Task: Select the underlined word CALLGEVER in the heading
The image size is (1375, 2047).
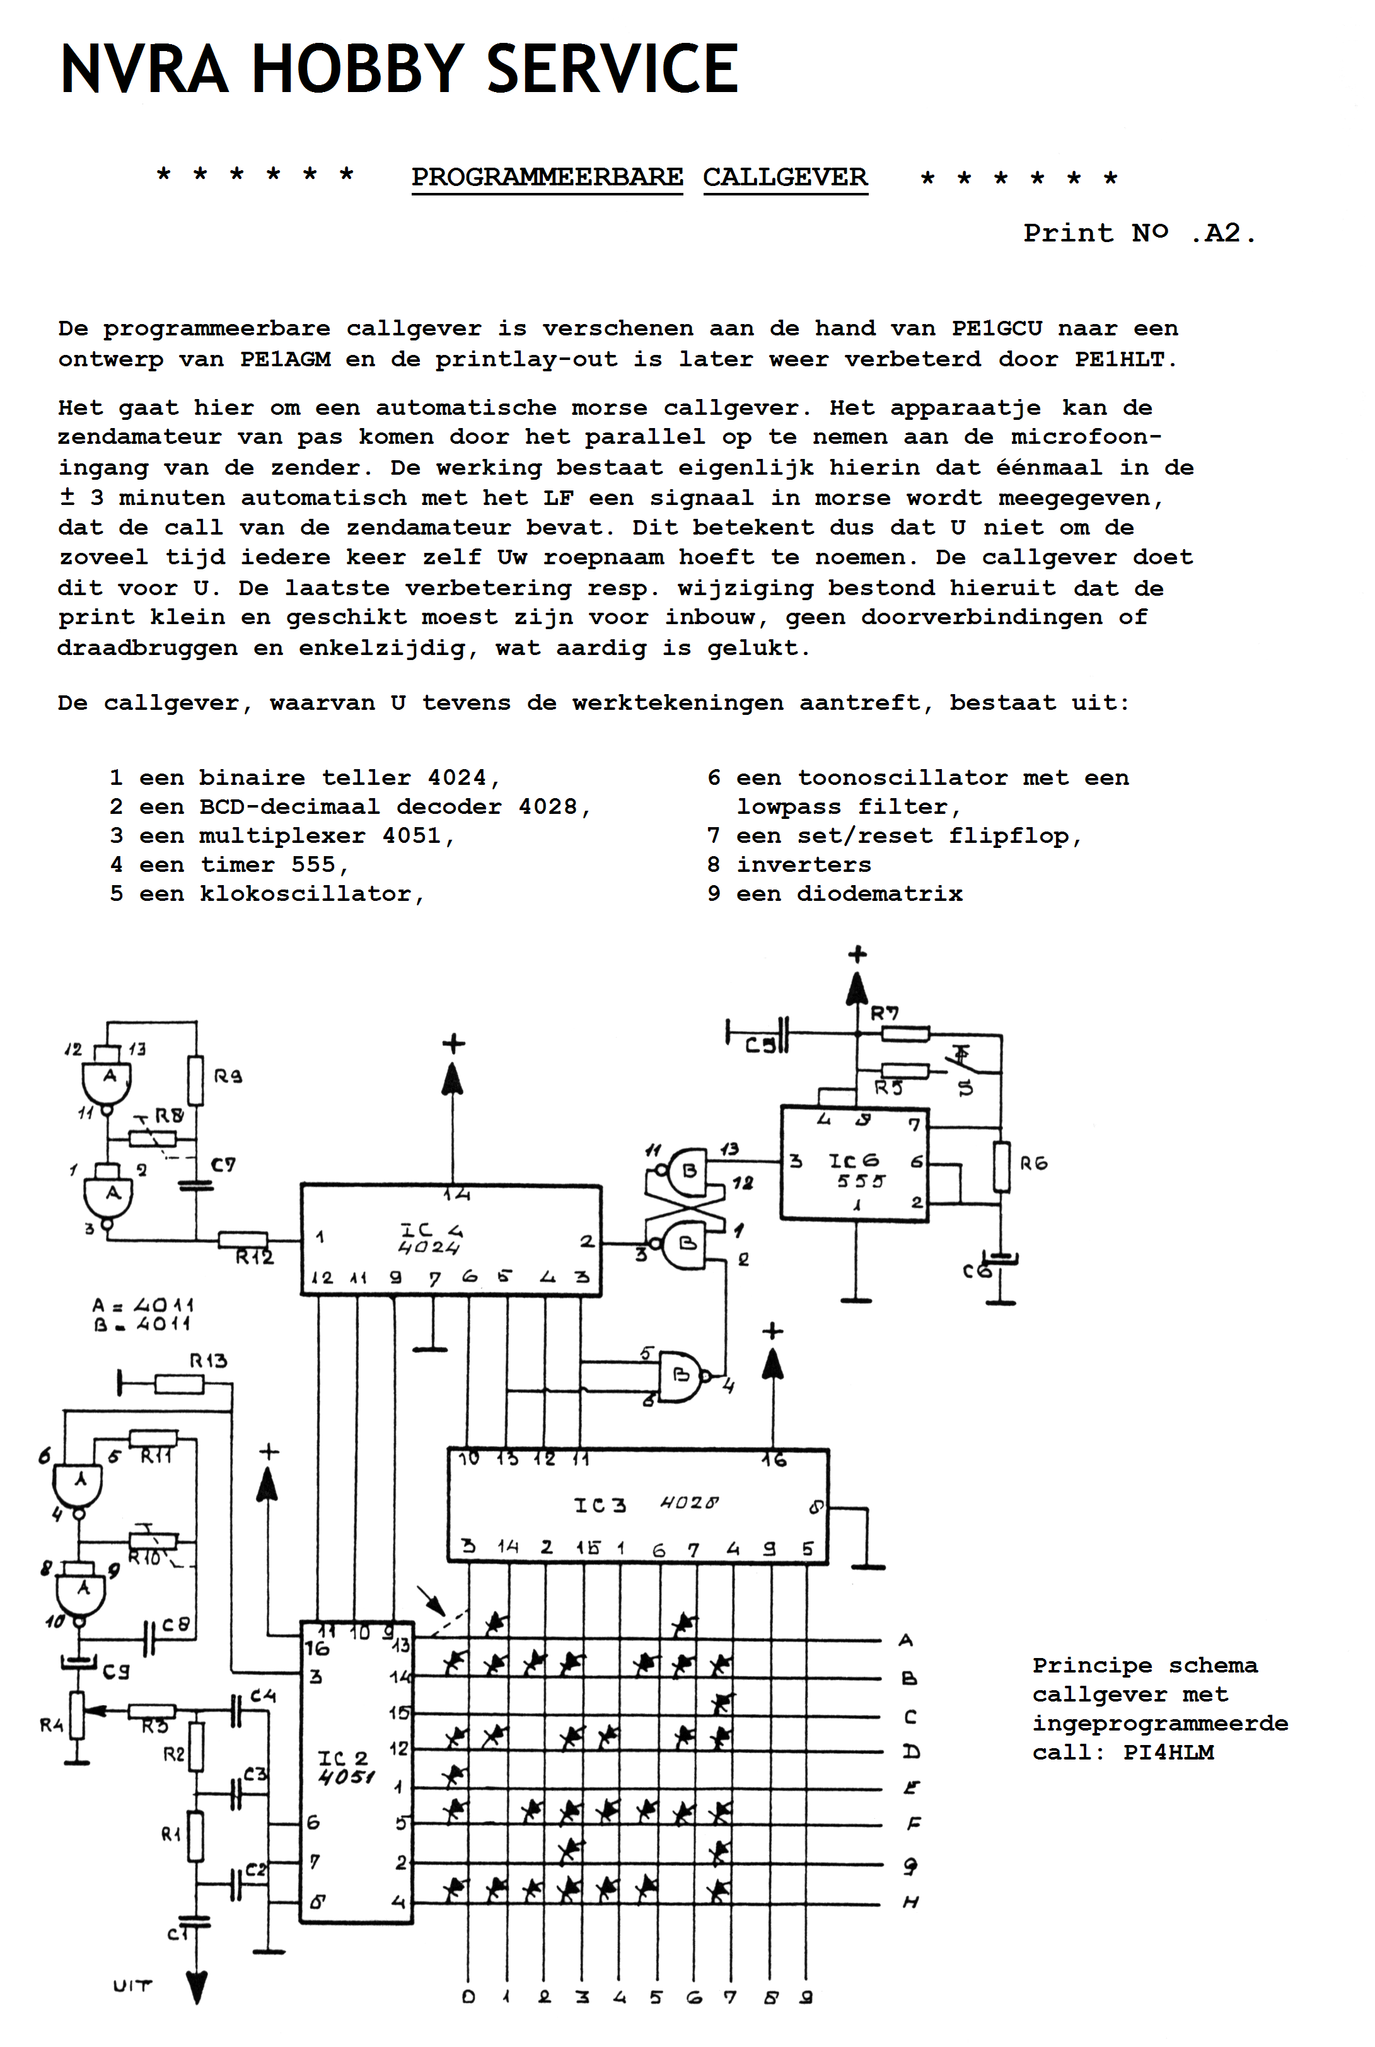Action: [785, 177]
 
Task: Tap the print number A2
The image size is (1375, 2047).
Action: [1222, 233]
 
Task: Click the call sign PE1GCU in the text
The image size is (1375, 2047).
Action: [997, 328]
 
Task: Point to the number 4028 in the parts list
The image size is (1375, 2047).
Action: [548, 806]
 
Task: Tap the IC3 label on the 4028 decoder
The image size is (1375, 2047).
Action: [600, 1505]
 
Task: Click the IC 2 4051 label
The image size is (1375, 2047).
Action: [345, 1767]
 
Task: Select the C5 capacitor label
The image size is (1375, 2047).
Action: [760, 1045]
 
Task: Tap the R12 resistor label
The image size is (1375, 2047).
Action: [254, 1257]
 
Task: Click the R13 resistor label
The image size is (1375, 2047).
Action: [209, 1360]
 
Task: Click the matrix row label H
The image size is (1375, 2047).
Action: [910, 1903]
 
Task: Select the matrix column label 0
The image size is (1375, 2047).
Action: [468, 1997]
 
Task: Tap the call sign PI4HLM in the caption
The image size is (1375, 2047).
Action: [1168, 1753]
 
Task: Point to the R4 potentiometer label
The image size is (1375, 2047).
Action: [51, 1725]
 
